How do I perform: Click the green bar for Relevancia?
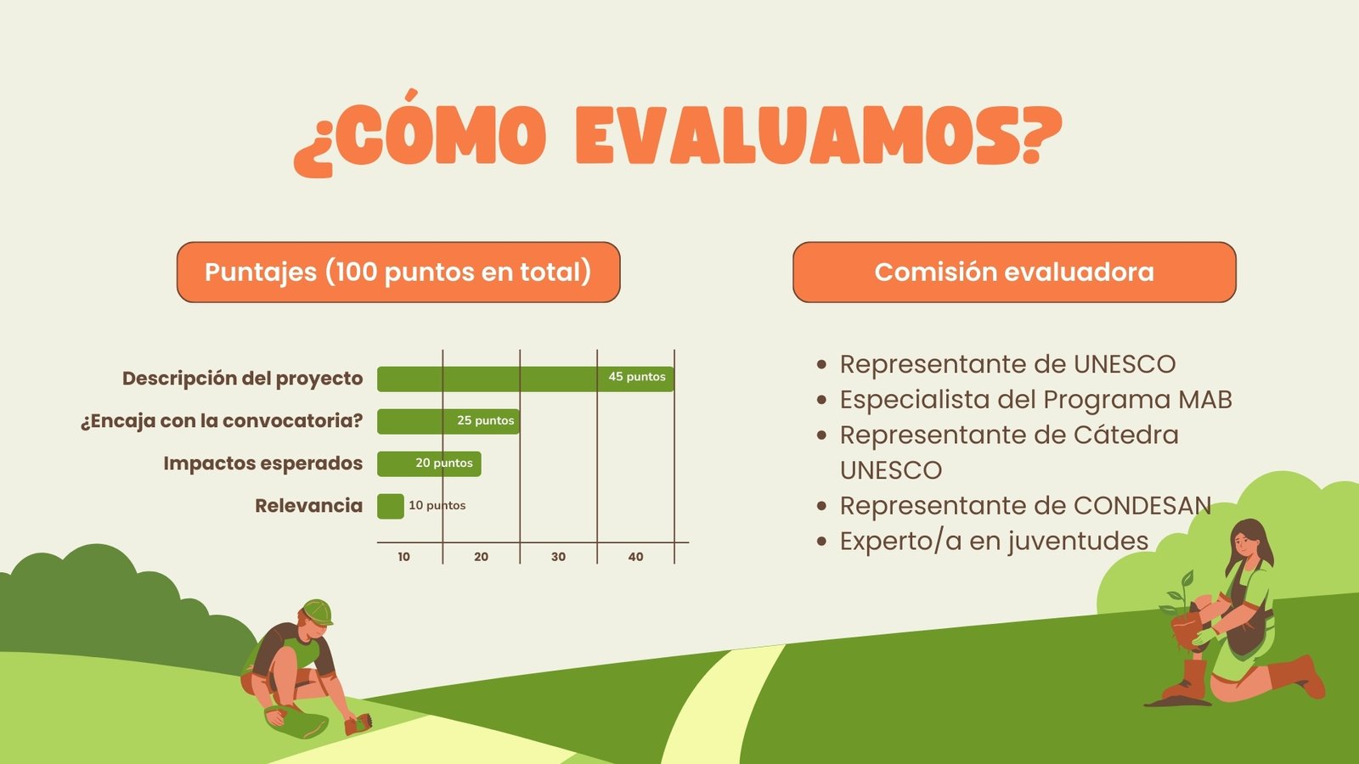coord(390,506)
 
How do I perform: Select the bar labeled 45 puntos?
coord(526,379)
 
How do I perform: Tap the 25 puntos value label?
coord(485,420)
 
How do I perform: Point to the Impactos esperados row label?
coord(262,463)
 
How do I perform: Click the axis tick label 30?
coord(558,557)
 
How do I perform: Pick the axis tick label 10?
coord(404,557)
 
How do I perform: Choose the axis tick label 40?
coord(635,557)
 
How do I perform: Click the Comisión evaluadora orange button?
coord(1014,272)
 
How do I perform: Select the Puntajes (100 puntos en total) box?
coord(398,272)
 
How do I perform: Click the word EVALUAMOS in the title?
coord(819,135)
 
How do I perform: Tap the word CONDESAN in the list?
coord(1142,506)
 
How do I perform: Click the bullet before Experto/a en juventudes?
coord(822,541)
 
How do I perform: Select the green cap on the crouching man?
coord(318,612)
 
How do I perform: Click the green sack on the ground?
coord(298,722)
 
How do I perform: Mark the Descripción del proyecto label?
coord(243,379)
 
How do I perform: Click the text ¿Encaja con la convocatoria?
coord(222,421)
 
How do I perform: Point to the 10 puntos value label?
coord(437,505)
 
